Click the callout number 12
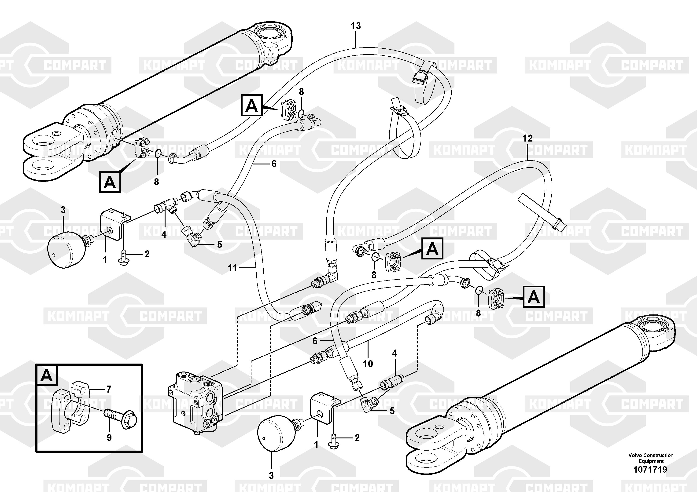[x=527, y=138]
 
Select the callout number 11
[x=232, y=268]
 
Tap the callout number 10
[x=368, y=364]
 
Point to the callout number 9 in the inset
[x=109, y=437]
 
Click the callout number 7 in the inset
[x=109, y=389]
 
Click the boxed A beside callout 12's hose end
[x=432, y=249]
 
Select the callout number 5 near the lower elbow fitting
[x=392, y=411]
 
